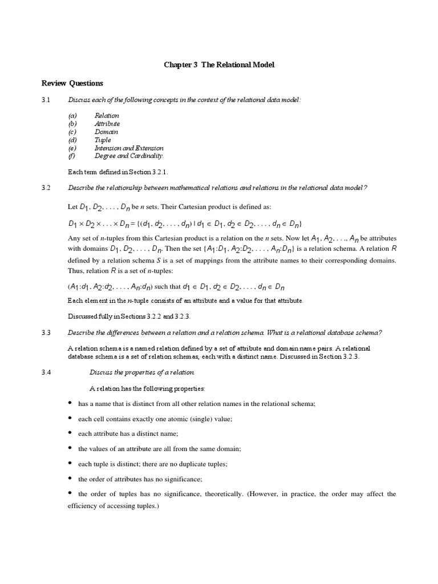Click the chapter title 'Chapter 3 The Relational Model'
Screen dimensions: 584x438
tap(219, 65)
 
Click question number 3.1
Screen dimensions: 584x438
tap(46, 100)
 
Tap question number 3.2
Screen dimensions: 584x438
tap(46, 188)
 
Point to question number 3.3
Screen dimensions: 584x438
tap(46, 332)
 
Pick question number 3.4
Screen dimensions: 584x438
tap(46, 372)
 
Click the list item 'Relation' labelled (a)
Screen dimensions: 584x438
tap(107, 116)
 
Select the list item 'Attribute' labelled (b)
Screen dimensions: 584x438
tap(107, 124)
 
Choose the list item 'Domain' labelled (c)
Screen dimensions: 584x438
tap(106, 132)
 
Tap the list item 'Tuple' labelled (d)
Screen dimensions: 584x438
tap(103, 140)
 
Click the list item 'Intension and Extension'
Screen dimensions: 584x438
tap(129, 148)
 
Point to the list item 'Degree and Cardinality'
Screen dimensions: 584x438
tap(129, 156)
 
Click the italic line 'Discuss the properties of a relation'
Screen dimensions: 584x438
tap(142, 372)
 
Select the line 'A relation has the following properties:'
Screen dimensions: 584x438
tap(147, 388)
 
